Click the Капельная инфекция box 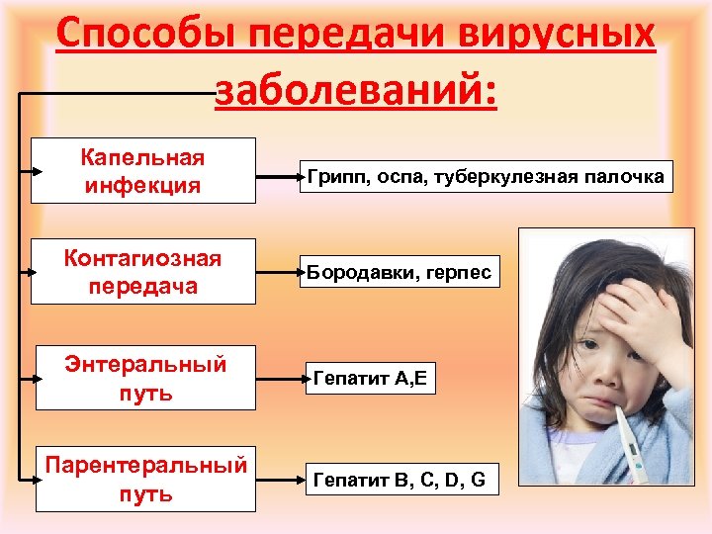(x=142, y=170)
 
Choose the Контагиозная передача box (x=142, y=272)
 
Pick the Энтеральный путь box (x=145, y=377)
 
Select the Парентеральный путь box (x=145, y=479)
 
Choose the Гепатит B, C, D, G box (x=399, y=481)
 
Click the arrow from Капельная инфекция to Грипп (x=280, y=178)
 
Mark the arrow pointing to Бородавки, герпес (x=280, y=271)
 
